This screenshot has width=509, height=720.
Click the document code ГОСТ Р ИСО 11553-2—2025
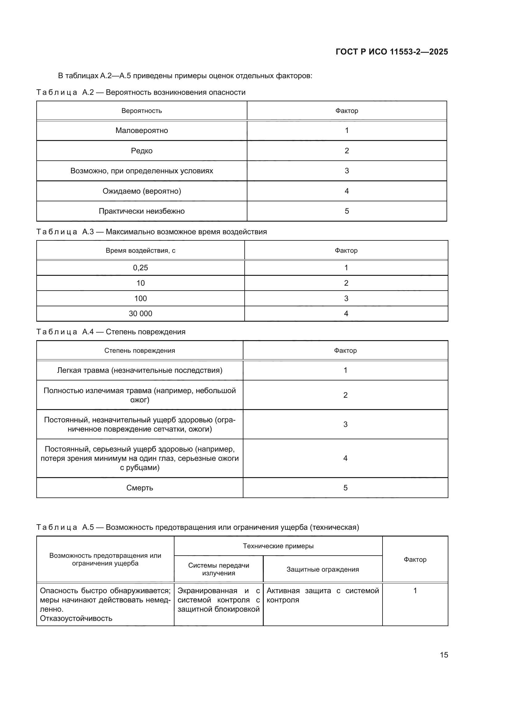pyautogui.click(x=391, y=52)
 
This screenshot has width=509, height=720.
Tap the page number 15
pyautogui.click(x=444, y=655)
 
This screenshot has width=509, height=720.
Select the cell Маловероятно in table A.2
pyautogui.click(x=142, y=131)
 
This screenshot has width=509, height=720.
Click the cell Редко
pyautogui.click(x=142, y=151)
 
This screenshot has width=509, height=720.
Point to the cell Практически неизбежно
pyautogui.click(x=142, y=211)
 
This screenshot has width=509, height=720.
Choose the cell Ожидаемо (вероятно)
pyautogui.click(x=142, y=191)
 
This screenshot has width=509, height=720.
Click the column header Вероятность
pyautogui.click(x=142, y=111)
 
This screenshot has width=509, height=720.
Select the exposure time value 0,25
pyautogui.click(x=140, y=267)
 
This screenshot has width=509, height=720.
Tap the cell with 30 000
pyautogui.click(x=140, y=313)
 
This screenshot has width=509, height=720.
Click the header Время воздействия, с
pyautogui.click(x=140, y=250)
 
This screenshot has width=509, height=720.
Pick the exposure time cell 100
pyautogui.click(x=140, y=298)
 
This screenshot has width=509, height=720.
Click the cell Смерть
pyautogui.click(x=139, y=488)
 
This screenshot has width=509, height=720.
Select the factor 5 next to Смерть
pyautogui.click(x=345, y=488)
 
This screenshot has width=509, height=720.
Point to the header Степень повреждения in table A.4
pyautogui.click(x=139, y=350)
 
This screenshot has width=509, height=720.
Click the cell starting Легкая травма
pyautogui.click(x=139, y=370)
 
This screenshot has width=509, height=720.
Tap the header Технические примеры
pyautogui.click(x=278, y=546)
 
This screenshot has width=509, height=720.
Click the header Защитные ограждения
pyautogui.click(x=323, y=569)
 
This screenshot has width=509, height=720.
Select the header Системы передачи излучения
pyautogui.click(x=218, y=569)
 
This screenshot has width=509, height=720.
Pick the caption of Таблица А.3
pyautogui.click(x=151, y=232)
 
